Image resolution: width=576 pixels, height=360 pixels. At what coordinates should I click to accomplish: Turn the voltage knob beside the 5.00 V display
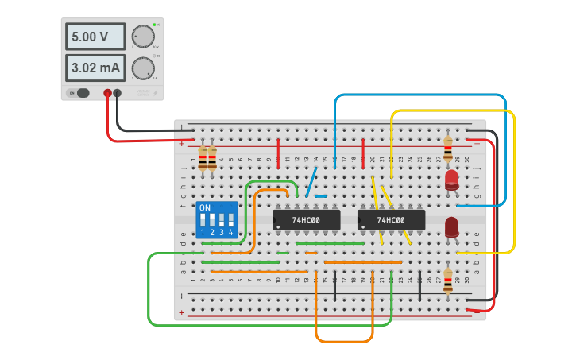[142, 37]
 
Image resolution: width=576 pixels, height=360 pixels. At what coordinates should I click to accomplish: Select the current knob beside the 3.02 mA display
[142, 68]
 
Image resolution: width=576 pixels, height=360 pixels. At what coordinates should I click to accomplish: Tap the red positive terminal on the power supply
[108, 93]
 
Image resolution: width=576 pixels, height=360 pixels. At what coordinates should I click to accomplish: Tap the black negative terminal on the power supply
[118, 93]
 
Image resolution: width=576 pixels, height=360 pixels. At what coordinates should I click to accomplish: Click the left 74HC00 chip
[306, 219]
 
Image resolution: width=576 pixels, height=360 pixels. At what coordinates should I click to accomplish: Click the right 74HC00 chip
[391, 219]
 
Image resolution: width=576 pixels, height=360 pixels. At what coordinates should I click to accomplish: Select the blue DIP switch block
[217, 219]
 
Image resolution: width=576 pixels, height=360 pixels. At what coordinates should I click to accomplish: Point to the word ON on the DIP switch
[205, 208]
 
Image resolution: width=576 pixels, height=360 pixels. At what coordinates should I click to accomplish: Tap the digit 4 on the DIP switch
[231, 232]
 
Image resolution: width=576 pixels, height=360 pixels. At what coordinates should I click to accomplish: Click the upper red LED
[451, 180]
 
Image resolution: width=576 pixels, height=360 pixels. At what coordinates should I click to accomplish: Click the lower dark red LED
[451, 227]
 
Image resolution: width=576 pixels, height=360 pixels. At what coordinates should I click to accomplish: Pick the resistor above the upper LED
[448, 148]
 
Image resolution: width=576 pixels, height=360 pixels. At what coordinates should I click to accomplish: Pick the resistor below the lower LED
[448, 279]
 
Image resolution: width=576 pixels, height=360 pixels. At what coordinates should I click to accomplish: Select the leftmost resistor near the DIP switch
[203, 157]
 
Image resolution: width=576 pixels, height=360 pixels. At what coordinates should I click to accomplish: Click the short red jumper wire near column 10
[278, 153]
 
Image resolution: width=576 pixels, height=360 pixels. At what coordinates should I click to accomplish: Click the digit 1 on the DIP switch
[203, 232]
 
